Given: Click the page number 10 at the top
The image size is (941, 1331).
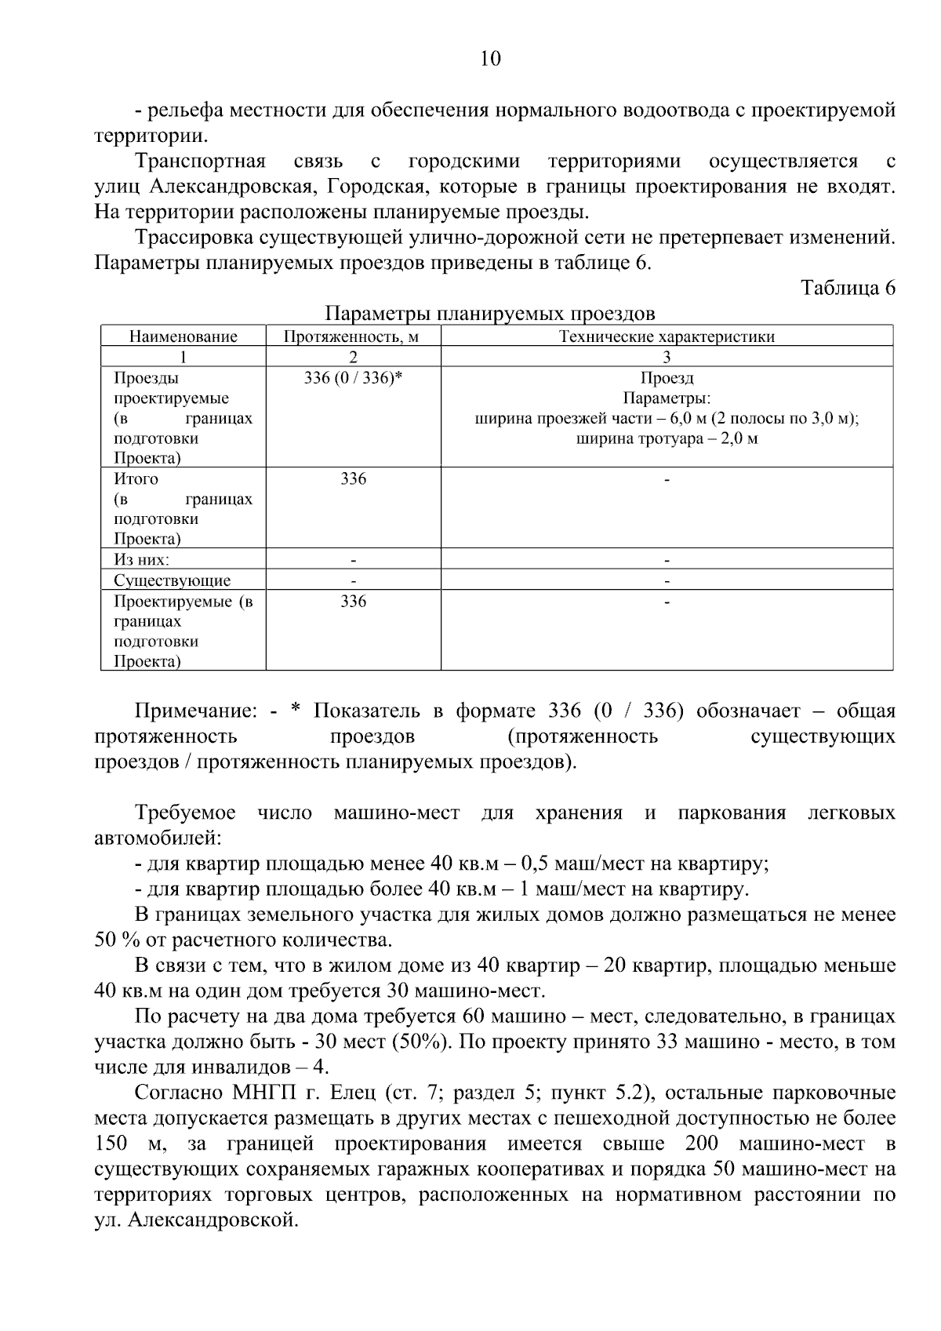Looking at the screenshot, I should (489, 59).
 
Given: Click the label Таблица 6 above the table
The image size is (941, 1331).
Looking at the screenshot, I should (848, 288).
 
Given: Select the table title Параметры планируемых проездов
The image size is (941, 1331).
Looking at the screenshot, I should (490, 314).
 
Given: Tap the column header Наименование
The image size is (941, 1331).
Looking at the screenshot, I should (183, 336).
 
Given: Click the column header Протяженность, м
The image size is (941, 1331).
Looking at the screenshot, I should (352, 336).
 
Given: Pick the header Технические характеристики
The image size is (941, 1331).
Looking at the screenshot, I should (667, 336).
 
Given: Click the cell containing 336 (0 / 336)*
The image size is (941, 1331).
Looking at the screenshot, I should (353, 378).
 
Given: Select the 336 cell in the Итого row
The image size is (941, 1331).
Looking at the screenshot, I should (353, 478).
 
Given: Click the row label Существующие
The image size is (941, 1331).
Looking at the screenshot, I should (172, 580).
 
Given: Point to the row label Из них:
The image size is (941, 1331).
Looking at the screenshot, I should (141, 560).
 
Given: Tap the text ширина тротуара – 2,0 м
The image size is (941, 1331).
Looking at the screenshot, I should (667, 438).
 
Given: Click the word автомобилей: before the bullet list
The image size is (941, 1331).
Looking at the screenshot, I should (158, 838).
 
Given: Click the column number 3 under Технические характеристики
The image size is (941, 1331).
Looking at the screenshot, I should (667, 357).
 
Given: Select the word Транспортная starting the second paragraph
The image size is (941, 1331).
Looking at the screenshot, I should (200, 162).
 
